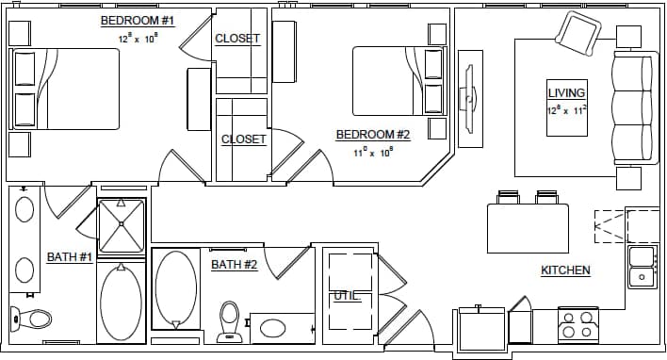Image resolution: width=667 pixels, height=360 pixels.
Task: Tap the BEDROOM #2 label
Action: point(373,135)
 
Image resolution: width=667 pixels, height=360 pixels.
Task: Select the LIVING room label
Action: point(566,92)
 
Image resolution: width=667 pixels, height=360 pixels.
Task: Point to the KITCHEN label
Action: point(565,270)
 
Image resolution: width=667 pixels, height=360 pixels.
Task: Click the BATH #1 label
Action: point(70,257)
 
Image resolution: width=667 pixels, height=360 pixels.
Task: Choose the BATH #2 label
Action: point(234,265)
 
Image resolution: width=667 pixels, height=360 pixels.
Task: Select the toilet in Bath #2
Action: point(229,322)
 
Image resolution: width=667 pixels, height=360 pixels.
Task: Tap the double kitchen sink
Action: point(643,266)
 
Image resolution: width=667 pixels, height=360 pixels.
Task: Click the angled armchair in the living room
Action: point(577,34)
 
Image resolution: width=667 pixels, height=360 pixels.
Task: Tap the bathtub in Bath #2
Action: point(176,288)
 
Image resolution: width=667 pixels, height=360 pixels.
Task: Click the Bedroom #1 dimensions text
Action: point(138,41)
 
